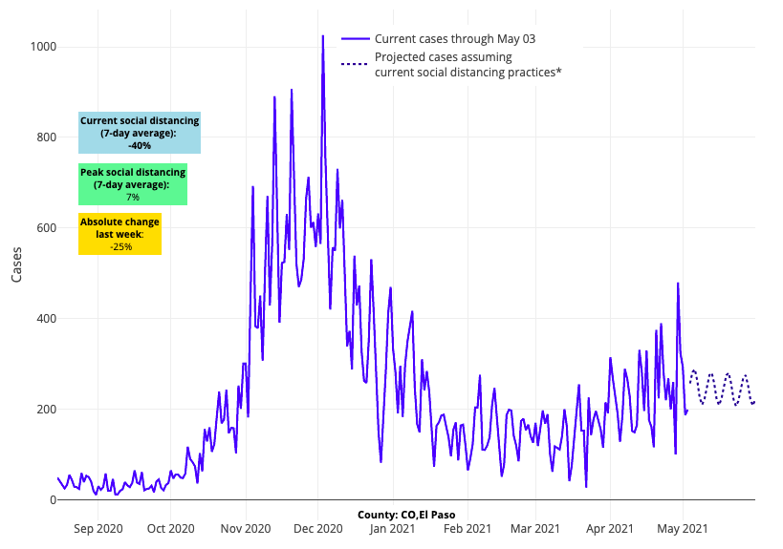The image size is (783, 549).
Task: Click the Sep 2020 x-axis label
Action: pyautogui.click(x=98, y=527)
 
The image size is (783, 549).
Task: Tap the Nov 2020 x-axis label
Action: pyautogui.click(x=245, y=527)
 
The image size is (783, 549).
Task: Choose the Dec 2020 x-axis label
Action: pyautogui.click(x=317, y=527)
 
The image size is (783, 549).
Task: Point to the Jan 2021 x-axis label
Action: pyautogui.click(x=391, y=527)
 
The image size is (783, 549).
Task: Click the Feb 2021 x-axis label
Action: pyautogui.click(x=465, y=527)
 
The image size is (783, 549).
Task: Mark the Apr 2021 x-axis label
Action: pyautogui.click(x=609, y=527)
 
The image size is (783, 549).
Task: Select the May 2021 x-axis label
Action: pyautogui.click(x=683, y=527)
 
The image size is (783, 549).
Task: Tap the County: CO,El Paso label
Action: pyautogui.click(x=406, y=515)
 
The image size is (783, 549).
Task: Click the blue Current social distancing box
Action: pyautogui.click(x=140, y=134)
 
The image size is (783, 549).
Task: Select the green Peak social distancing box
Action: pyautogui.click(x=132, y=184)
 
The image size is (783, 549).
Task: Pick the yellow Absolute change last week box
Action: pyautogui.click(x=120, y=234)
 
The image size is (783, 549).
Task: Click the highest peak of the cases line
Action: pyautogui.click(x=322, y=36)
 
